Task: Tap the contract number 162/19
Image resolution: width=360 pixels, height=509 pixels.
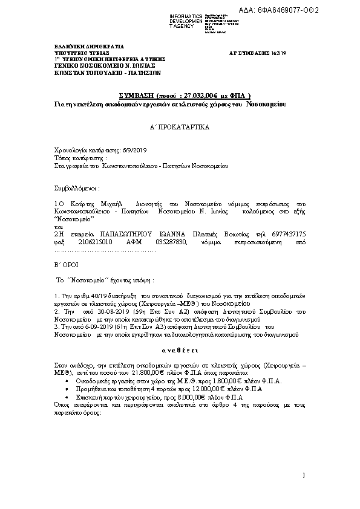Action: (x=295, y=53)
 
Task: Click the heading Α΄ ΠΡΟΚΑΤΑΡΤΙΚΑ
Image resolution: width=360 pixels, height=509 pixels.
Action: (x=180, y=129)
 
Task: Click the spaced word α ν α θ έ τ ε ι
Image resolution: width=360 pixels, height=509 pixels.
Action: (x=180, y=350)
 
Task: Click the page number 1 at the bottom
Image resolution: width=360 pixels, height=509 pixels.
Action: (x=304, y=478)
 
